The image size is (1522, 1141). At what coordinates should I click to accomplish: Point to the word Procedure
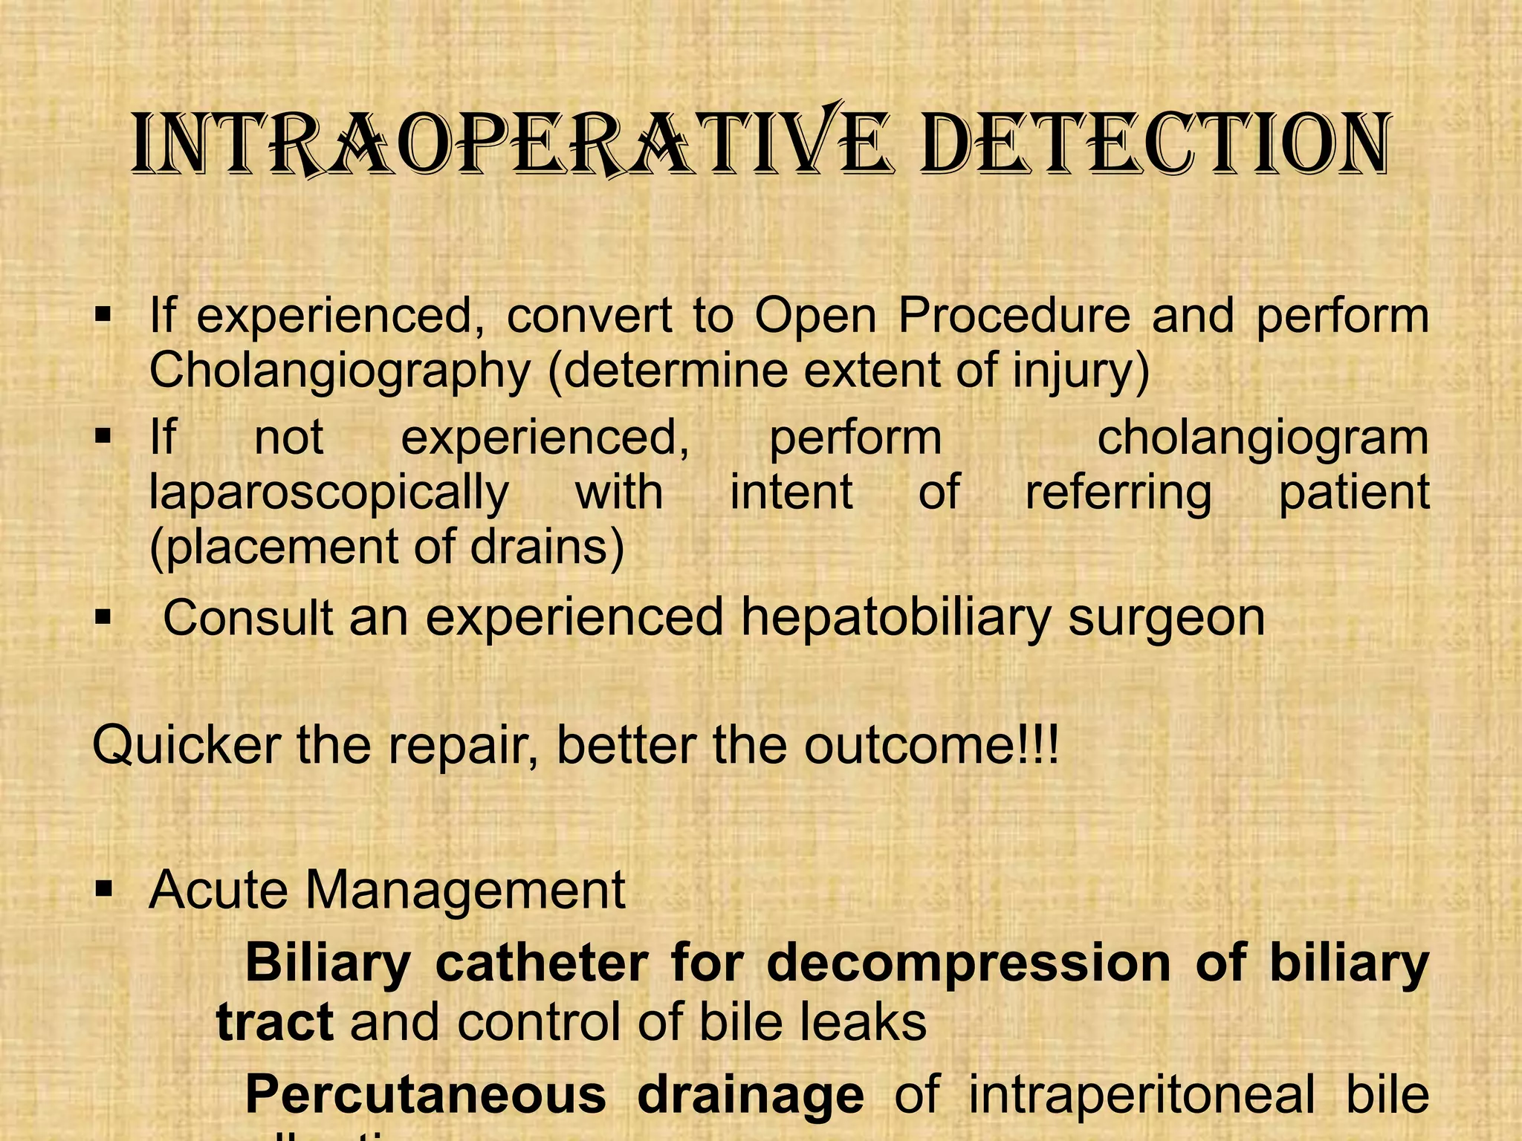(1014, 316)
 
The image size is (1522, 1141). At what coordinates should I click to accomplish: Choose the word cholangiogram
(1263, 438)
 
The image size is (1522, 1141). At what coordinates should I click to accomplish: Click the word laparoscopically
(329, 493)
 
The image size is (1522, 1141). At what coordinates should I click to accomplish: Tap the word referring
(1118, 493)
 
